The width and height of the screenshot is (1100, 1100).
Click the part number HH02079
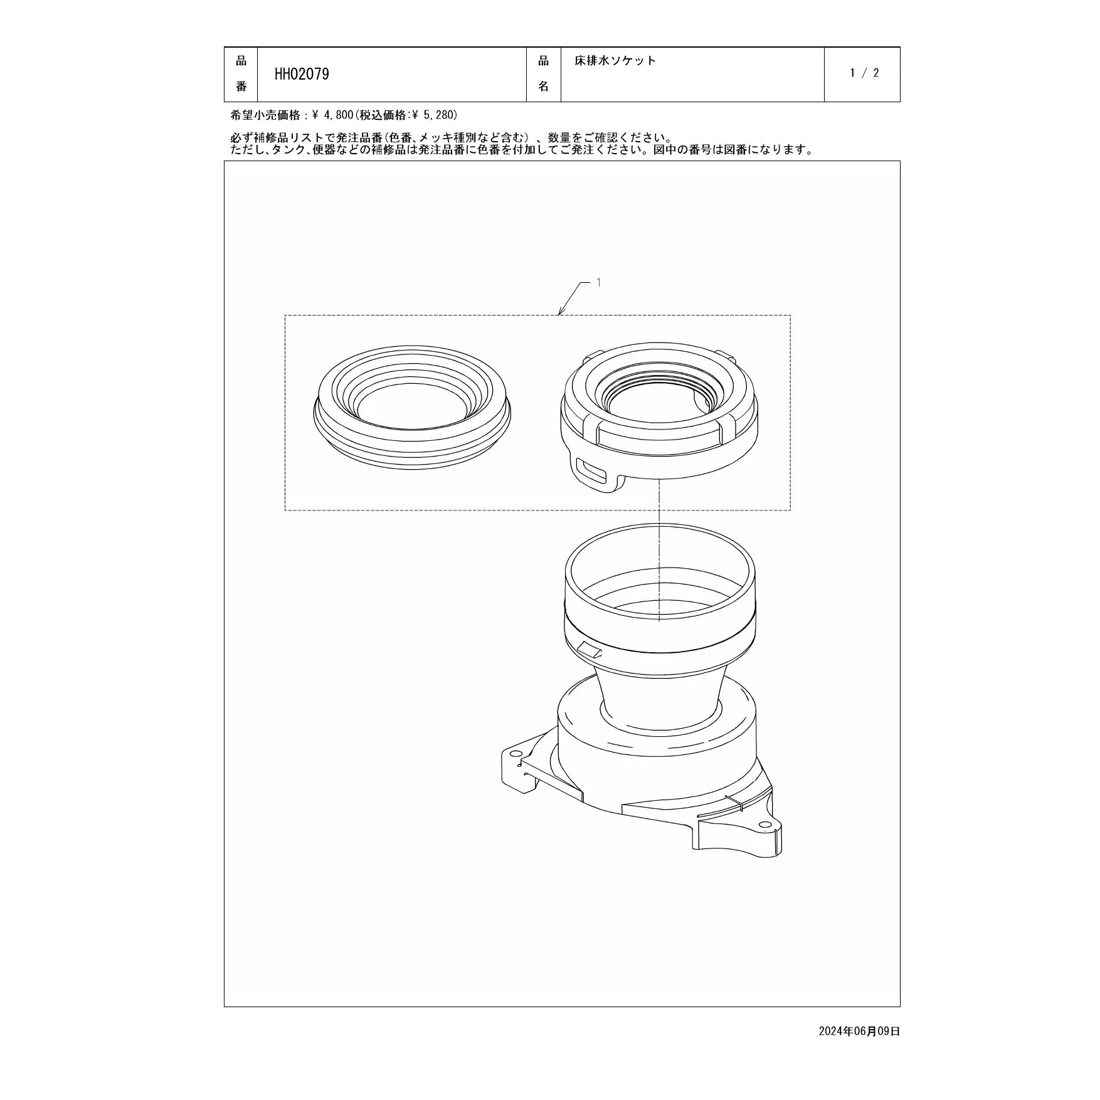click(302, 74)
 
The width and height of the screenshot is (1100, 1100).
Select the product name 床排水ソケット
click(615, 61)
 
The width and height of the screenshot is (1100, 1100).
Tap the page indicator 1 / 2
click(864, 73)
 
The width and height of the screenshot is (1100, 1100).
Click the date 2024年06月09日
click(859, 1031)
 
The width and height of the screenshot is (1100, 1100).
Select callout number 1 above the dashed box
click(598, 283)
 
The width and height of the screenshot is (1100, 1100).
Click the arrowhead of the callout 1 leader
click(560, 312)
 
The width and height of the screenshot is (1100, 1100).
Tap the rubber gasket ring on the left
click(412, 414)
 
